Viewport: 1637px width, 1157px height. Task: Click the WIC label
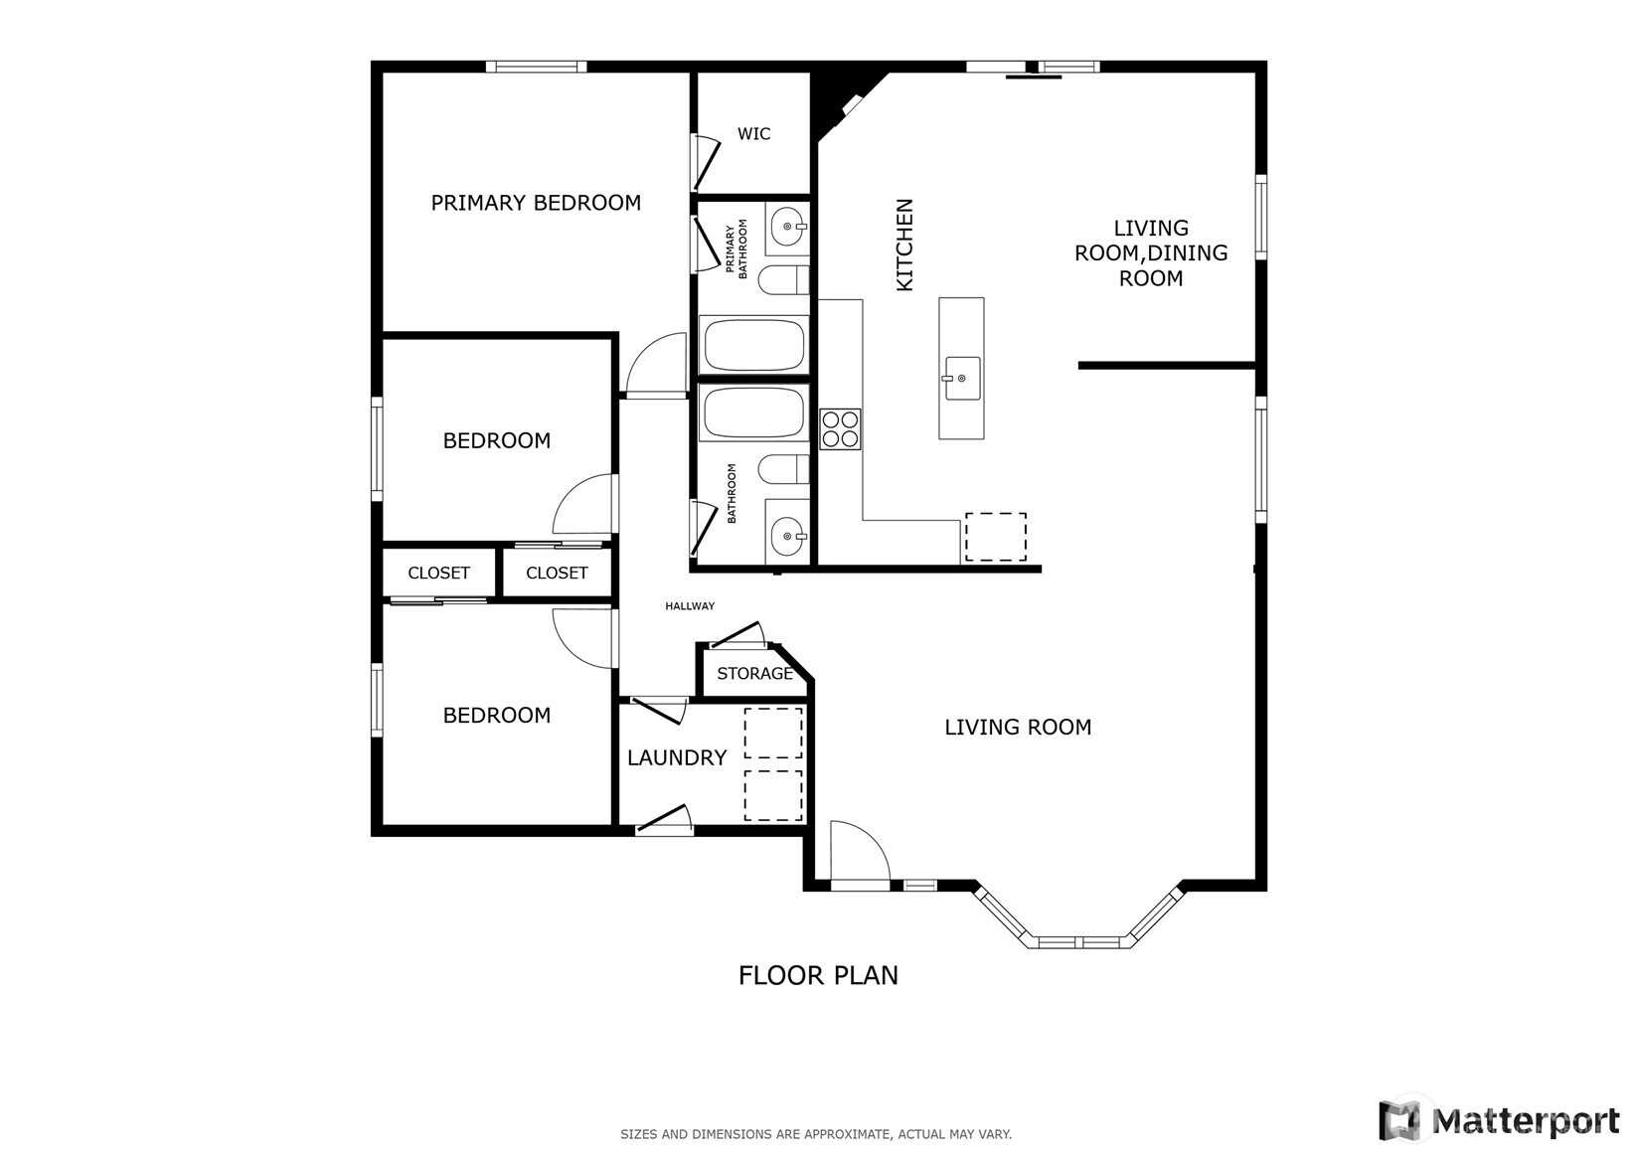point(753,134)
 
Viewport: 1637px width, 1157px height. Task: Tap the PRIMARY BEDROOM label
point(536,203)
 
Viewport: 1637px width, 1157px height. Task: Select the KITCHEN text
point(904,245)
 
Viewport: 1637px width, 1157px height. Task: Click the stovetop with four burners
point(840,429)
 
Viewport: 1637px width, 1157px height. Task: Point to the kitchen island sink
point(962,378)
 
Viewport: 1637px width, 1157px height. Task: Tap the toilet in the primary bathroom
point(783,280)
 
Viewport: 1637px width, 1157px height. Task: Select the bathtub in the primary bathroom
point(753,344)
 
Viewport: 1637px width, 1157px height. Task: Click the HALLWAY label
point(690,606)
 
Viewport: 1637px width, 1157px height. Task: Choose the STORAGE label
point(755,673)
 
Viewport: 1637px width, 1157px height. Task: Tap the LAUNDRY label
point(677,758)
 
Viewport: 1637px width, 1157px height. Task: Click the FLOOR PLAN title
point(818,975)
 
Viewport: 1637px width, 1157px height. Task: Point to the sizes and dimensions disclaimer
point(816,1134)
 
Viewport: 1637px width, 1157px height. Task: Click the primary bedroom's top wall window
point(537,67)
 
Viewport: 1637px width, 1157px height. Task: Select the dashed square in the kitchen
point(995,537)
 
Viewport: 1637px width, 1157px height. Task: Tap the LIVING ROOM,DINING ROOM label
point(1150,252)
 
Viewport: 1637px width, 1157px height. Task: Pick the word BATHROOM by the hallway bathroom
point(732,493)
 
